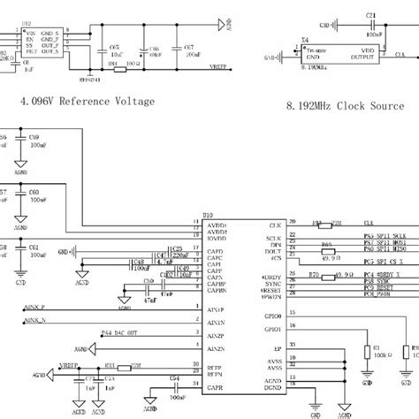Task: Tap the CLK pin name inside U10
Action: (275, 225)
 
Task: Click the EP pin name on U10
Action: (277, 350)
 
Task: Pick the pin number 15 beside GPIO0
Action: (293, 312)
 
